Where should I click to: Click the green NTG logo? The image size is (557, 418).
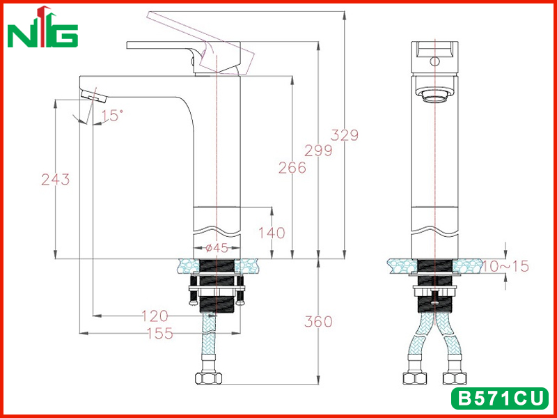tap(42, 27)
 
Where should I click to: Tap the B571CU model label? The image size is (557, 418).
tap(500, 398)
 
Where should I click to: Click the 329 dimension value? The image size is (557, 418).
tap(345, 135)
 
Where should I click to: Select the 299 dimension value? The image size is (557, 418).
tap(318, 150)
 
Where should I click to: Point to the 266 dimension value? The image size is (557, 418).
tap(292, 168)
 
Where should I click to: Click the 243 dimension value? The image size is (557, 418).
tap(56, 180)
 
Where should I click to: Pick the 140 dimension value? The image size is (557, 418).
tap(272, 233)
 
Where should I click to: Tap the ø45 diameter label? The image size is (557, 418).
tap(217, 248)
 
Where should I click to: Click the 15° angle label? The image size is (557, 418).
tap(112, 115)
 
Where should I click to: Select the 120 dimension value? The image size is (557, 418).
tap(155, 316)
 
